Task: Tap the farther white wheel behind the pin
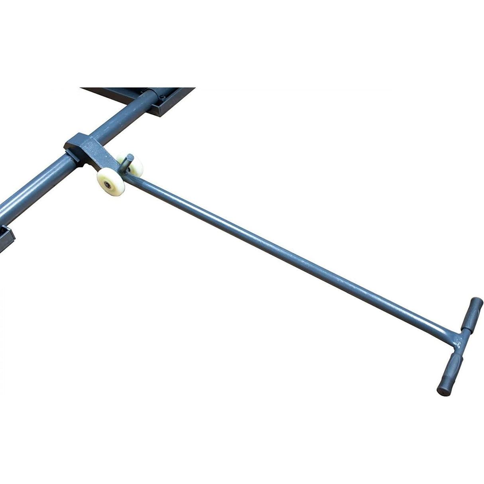137,165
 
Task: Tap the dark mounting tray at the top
175,100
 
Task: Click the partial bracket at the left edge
6,238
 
